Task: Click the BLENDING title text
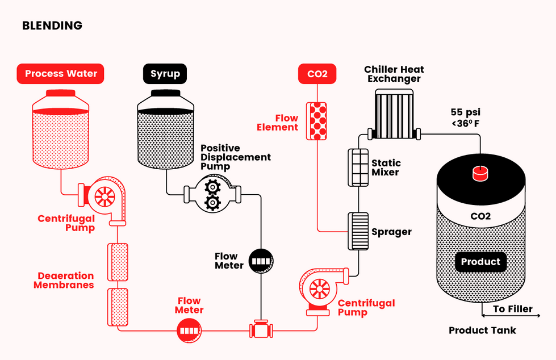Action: [52, 26]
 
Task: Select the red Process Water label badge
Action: [61, 74]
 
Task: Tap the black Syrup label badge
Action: [165, 74]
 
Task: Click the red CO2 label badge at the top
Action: [317, 74]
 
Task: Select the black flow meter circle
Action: [261, 262]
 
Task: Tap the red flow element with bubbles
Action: [317, 121]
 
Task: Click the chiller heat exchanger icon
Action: [394, 114]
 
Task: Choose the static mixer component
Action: [358, 168]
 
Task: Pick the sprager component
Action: [358, 231]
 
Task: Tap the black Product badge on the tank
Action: [480, 262]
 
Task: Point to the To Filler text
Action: [513, 309]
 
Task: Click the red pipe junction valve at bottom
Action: [261, 329]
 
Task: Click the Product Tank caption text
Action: [482, 330]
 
